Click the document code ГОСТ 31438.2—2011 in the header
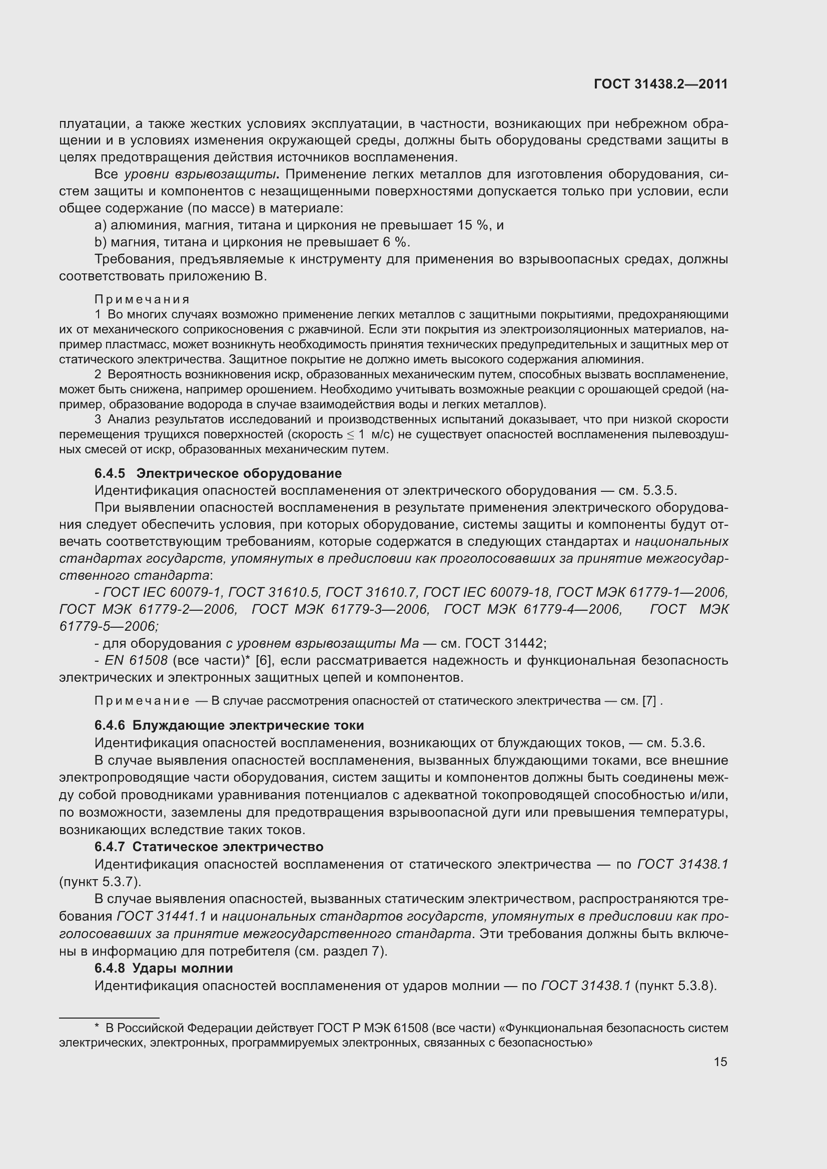point(660,84)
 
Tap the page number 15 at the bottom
point(720,1062)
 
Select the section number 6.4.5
point(110,473)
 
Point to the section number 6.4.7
point(110,847)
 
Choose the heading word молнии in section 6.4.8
point(209,969)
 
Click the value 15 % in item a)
point(472,225)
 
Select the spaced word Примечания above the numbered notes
point(142,299)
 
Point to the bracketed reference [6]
point(263,661)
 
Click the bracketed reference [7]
point(649,701)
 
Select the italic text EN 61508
point(136,661)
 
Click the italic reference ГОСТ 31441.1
point(161,917)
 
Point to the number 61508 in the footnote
point(411,1028)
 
